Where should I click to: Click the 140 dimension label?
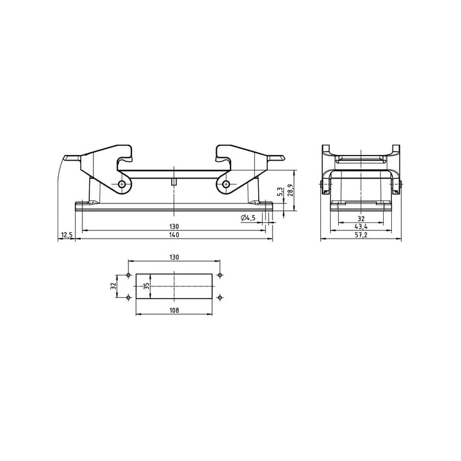[174, 235]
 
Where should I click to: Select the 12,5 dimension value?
[66, 235]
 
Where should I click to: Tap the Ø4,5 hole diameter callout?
[248, 218]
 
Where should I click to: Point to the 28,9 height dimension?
[290, 190]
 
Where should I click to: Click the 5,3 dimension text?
[280, 192]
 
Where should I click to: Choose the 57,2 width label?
[361, 235]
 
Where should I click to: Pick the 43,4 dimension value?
[361, 226]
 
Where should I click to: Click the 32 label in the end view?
[361, 218]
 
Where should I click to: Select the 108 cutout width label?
[174, 310]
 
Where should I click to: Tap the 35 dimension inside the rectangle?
[146, 286]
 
